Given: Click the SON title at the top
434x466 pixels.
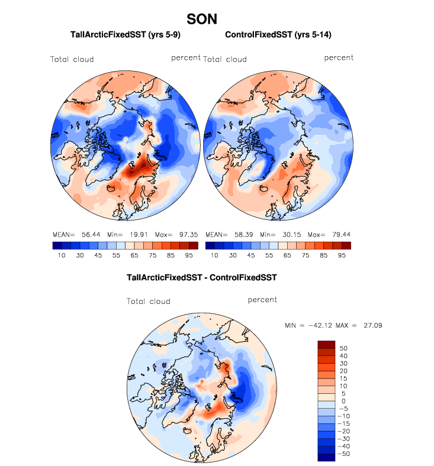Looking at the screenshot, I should (205, 20).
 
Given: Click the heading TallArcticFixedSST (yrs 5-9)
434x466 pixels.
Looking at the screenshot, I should (125, 35).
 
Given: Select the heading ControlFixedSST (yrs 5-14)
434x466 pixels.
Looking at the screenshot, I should (278, 35).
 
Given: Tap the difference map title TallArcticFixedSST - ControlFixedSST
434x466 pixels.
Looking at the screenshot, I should (202, 277).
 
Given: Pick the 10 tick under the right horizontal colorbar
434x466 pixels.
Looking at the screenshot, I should (214, 255).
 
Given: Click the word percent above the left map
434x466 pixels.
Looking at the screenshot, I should (186, 58).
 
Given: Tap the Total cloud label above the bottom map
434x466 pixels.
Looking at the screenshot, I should (149, 302).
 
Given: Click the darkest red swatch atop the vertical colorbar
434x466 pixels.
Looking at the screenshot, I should (327, 344).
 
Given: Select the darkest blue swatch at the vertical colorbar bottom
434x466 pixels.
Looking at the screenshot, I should (327, 456).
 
